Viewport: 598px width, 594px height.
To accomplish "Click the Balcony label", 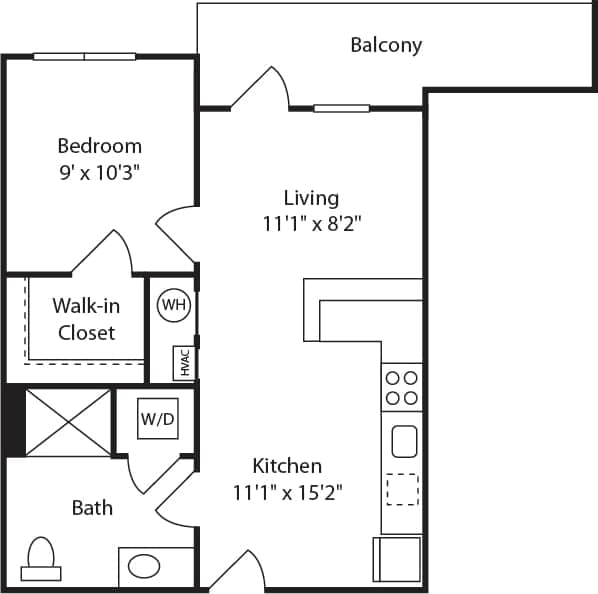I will point(386,45).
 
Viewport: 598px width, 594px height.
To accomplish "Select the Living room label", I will point(311,198).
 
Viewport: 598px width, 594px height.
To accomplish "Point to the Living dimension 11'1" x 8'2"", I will point(311,224).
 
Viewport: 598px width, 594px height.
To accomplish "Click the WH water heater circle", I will point(173,304).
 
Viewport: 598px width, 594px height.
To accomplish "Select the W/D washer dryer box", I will point(157,419).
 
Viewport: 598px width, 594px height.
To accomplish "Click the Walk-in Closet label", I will point(86,320).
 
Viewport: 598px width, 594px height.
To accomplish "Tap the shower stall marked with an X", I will point(67,422).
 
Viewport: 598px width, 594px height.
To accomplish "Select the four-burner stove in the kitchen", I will point(402,388).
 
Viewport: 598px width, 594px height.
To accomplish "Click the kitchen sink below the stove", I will point(404,440).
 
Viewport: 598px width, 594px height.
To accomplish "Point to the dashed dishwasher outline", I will point(402,489).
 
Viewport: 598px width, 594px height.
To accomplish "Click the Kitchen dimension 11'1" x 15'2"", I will point(287,491).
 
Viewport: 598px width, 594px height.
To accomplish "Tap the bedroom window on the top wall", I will point(84,56).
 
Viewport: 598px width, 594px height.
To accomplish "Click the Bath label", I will point(92,508).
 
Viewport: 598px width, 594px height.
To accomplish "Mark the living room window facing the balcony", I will point(341,108).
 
